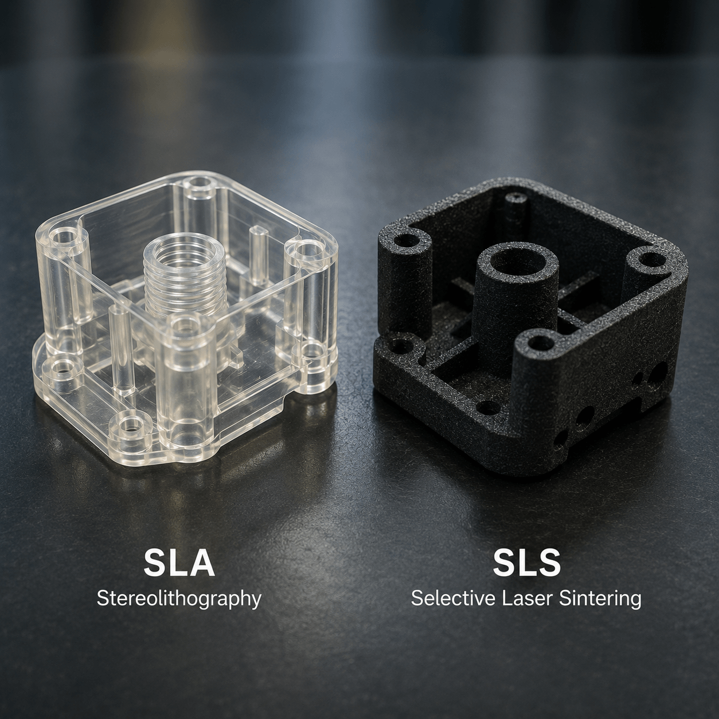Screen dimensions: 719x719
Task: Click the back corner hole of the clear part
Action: pos(200,183)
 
